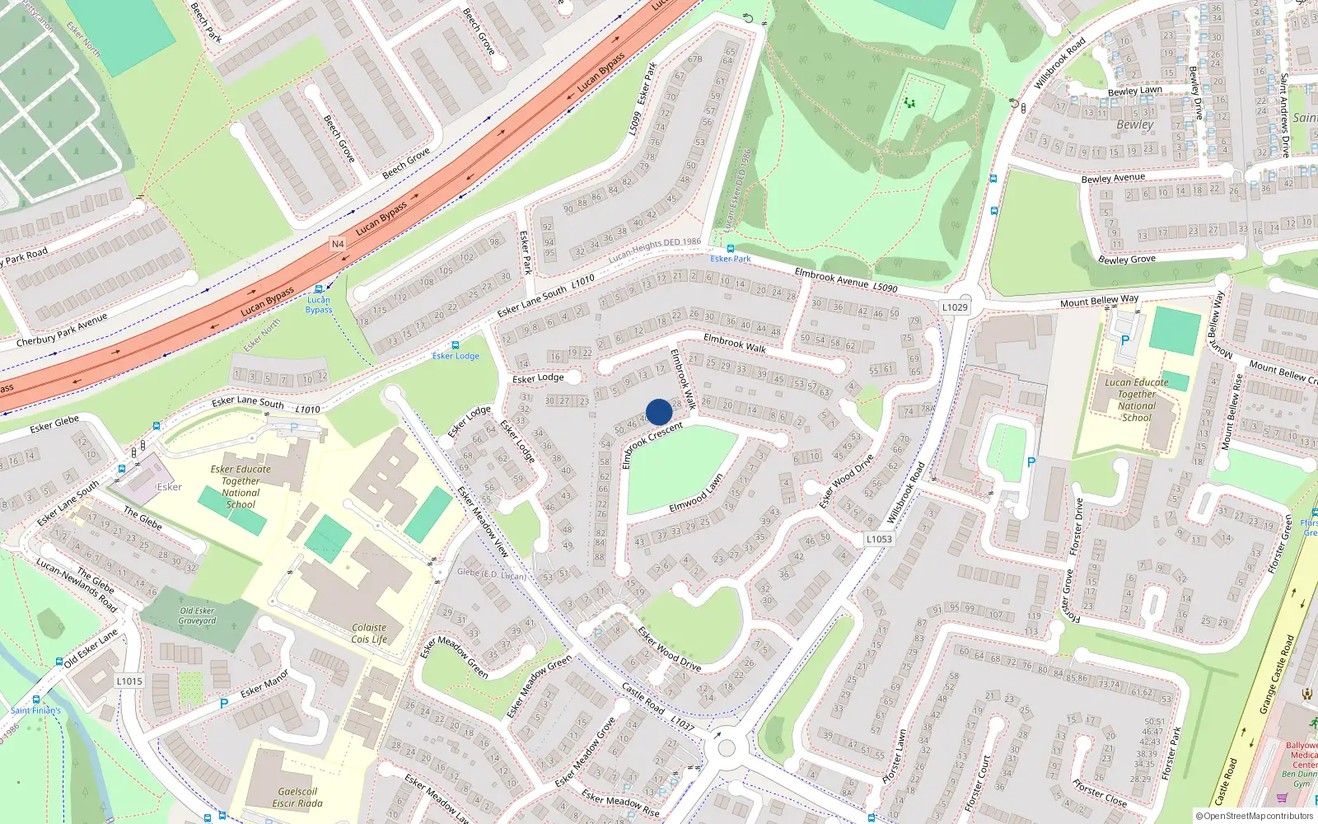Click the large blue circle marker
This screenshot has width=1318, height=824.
[659, 412]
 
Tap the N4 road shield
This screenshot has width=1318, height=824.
[338, 244]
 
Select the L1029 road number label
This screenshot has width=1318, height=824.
[955, 307]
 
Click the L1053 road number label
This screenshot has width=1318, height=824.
[879, 539]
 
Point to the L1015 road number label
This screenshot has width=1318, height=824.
[129, 681]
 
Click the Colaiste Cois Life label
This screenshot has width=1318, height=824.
[369, 633]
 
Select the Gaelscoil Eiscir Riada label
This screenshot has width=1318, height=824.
[297, 797]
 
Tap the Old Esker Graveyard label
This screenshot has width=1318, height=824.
[198, 616]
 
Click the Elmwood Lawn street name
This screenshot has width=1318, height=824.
[696, 493]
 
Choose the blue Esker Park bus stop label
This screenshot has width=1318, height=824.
[731, 259]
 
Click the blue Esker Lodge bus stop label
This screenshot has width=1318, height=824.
[456, 356]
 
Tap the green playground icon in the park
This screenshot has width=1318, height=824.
[909, 103]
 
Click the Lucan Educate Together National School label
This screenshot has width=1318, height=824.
[1137, 400]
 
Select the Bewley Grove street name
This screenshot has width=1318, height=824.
[1126, 260]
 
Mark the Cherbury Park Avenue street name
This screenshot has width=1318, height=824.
[62, 330]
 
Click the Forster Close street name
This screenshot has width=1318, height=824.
[1100, 794]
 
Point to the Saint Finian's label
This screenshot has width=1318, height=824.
[35, 710]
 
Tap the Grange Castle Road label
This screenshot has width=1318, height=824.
[1278, 674]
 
